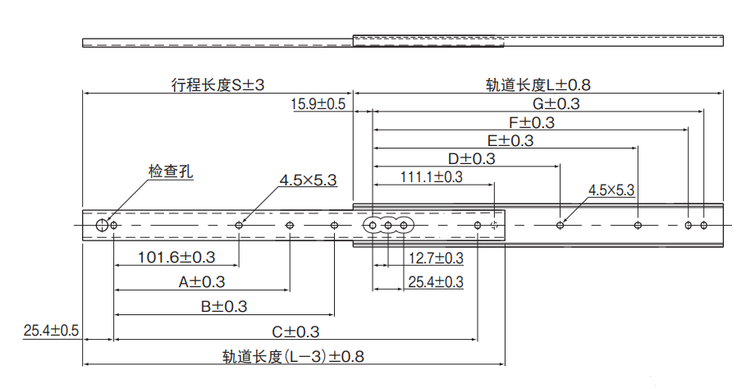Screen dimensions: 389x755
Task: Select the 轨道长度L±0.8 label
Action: coord(538,84)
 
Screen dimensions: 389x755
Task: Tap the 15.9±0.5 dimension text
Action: coord(318,103)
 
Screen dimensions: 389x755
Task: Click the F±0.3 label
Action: coord(531,122)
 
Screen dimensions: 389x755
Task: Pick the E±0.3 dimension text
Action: coord(510,141)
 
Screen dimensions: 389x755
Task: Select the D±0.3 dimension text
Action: coord(471,159)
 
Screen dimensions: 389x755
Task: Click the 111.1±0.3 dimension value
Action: coord(432,177)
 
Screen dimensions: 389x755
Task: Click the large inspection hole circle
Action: coord(101,225)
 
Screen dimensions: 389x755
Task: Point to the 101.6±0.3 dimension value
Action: coord(176,258)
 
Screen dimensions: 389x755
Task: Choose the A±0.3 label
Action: coord(202,282)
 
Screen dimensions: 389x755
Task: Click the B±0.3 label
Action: coord(223,307)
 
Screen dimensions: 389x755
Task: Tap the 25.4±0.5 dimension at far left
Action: coord(51,331)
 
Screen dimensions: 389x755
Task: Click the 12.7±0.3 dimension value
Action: coord(436,259)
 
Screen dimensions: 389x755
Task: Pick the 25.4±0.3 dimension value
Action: coord(436,282)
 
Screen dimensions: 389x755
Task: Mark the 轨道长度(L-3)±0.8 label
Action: coord(293,357)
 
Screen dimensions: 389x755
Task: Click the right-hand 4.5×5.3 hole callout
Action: coord(611,190)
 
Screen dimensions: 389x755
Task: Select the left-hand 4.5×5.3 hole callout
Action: coord(308,180)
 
